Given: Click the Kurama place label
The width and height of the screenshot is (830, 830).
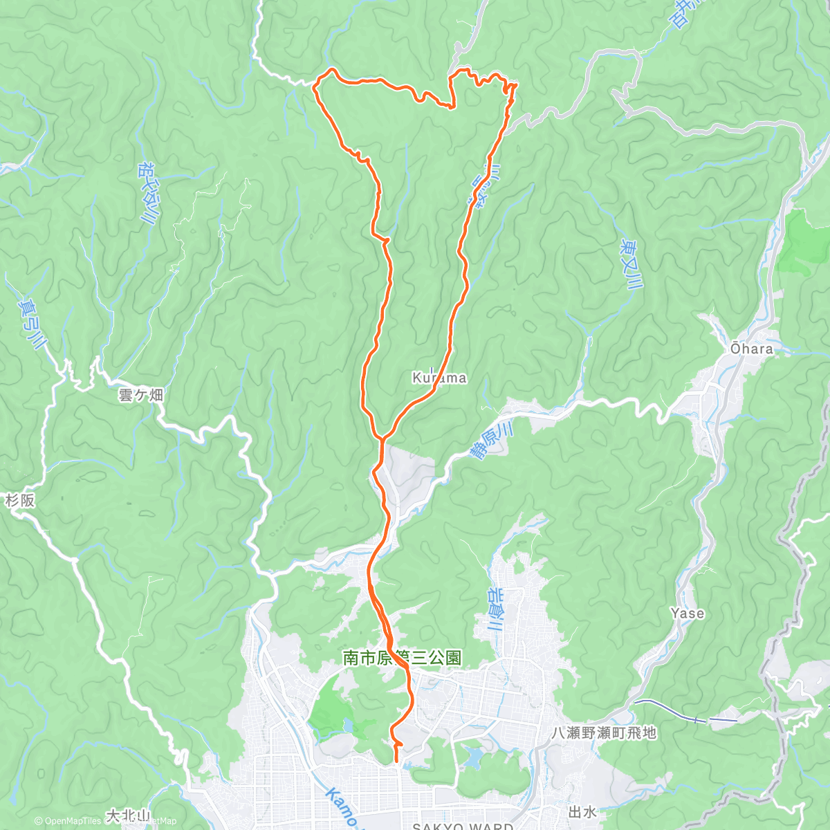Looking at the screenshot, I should [439, 378].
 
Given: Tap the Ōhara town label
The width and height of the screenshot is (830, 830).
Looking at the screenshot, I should [752, 349].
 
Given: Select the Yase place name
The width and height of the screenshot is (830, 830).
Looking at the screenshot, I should [688, 613].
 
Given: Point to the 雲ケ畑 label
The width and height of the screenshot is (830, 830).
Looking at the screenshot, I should [141, 395].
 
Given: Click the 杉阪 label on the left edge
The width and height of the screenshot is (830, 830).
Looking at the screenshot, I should [20, 500].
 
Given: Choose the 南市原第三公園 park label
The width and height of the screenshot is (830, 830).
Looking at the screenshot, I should [403, 658].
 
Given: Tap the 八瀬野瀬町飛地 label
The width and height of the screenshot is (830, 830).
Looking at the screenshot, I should [604, 732].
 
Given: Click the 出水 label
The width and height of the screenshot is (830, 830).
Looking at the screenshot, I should [582, 811].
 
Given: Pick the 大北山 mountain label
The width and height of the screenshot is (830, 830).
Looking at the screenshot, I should [128, 816].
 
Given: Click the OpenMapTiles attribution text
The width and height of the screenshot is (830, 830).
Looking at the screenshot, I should [69, 821].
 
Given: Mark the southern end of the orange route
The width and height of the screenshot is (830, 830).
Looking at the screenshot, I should [396, 762].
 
